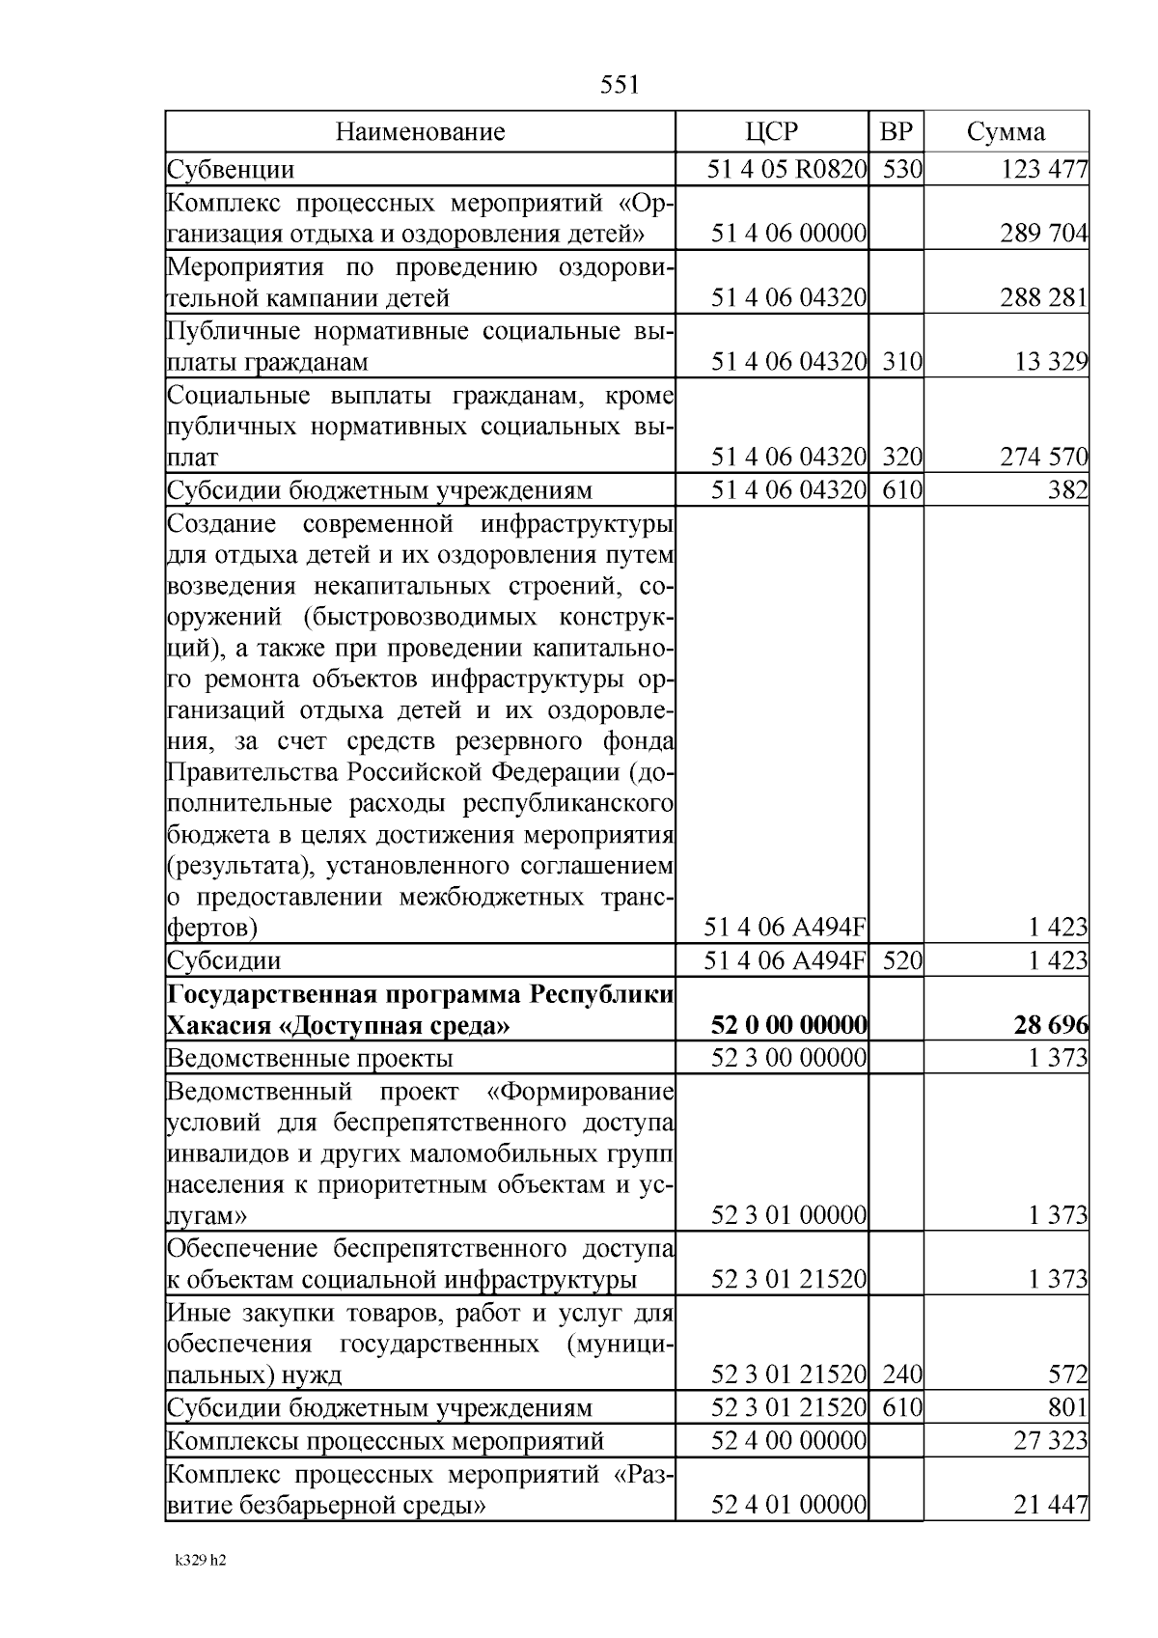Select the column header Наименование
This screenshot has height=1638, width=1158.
(420, 131)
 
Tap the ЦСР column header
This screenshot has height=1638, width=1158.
(772, 131)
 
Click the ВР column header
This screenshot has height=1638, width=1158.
(896, 131)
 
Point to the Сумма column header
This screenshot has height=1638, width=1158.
(1006, 131)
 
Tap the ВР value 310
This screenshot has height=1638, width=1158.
(902, 362)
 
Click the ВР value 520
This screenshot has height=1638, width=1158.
(902, 960)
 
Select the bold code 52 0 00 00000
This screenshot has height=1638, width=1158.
(788, 1025)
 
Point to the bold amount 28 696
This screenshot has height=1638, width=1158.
(1051, 1025)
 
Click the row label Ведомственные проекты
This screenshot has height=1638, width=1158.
(310, 1058)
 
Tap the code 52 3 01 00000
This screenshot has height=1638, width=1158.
(788, 1214)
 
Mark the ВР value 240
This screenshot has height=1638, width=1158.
(902, 1374)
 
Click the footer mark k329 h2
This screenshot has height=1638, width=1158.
(201, 1586)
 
